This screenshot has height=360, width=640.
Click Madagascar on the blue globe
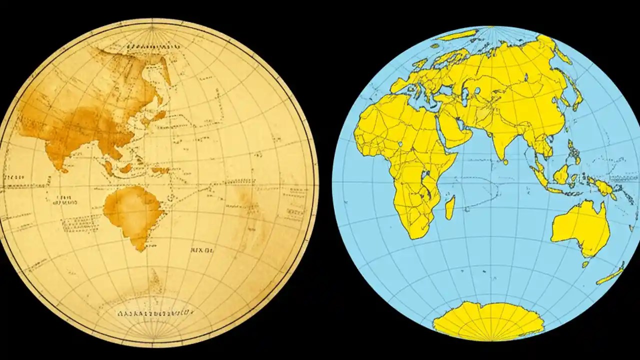[450, 207]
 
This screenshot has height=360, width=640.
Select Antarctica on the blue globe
[487, 320]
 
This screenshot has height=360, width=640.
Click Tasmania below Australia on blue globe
[585, 264]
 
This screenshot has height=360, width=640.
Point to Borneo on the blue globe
[561, 174]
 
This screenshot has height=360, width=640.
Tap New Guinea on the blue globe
[602, 187]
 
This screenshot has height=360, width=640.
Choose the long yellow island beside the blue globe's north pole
[457, 35]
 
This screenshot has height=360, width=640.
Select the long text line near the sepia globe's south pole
[155, 313]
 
